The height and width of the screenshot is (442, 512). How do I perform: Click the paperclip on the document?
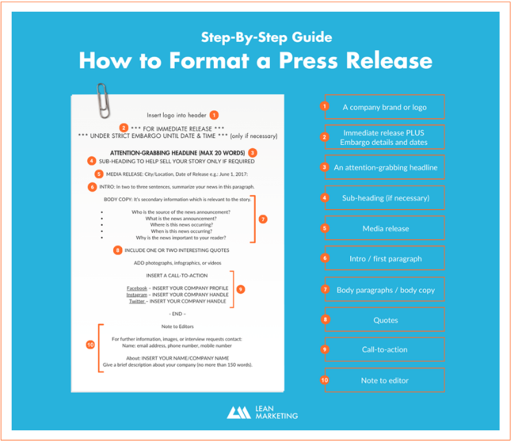pyautogui.click(x=103, y=100)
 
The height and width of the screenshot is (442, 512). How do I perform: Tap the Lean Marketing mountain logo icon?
pyautogui.click(x=239, y=412)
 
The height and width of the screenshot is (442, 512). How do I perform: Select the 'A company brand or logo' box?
pyautogui.click(x=385, y=107)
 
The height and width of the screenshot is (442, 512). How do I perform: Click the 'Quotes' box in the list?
pyautogui.click(x=385, y=320)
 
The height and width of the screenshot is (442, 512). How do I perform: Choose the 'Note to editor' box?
pyautogui.click(x=385, y=380)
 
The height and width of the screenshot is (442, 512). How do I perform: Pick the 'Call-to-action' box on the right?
pyautogui.click(x=385, y=349)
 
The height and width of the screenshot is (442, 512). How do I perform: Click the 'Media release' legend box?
pyautogui.click(x=385, y=228)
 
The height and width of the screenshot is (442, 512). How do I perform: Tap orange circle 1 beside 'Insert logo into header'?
pyautogui.click(x=214, y=115)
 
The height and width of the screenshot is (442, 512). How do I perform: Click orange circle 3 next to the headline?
pyautogui.click(x=252, y=152)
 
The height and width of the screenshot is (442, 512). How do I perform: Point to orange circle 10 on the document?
pyautogui.click(x=90, y=345)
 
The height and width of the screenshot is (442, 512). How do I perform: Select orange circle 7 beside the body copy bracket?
pyautogui.click(x=263, y=219)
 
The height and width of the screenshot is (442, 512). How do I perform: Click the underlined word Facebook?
pyautogui.click(x=137, y=288)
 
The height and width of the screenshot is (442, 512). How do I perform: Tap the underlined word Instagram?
pyautogui.click(x=136, y=295)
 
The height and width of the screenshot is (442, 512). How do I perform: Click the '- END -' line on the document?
pyautogui.click(x=178, y=314)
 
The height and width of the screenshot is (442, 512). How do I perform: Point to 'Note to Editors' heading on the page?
pyautogui.click(x=178, y=327)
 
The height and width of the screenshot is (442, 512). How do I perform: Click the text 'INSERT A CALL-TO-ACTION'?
pyautogui.click(x=177, y=276)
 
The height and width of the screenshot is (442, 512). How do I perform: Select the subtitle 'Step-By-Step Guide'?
pyautogui.click(x=267, y=37)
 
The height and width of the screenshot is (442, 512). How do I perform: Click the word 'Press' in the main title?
pyautogui.click(x=308, y=60)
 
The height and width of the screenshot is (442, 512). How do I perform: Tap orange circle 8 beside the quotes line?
pyautogui.click(x=118, y=251)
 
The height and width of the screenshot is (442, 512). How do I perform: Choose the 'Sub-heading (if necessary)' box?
pyautogui.click(x=385, y=198)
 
